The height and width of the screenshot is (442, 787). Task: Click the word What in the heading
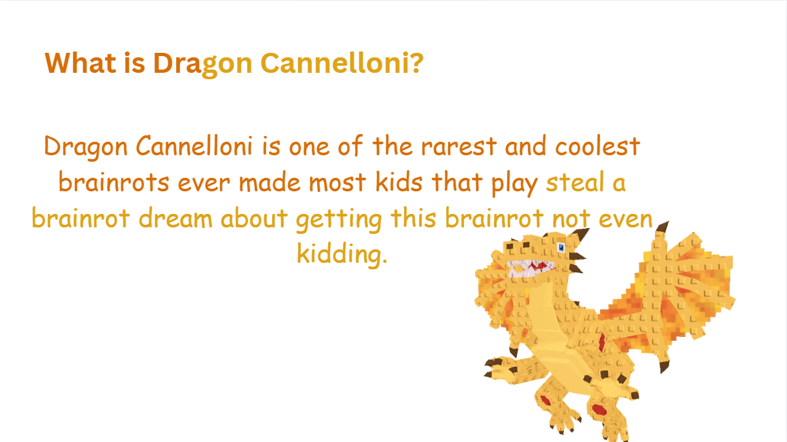[x=81, y=63]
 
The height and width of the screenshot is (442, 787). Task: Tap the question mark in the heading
[x=417, y=63]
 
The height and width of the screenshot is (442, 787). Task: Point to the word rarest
[x=459, y=146]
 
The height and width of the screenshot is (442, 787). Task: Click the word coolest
[x=598, y=145]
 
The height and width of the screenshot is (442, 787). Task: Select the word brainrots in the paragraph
[x=114, y=182]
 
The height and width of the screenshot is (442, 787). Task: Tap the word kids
[x=399, y=182]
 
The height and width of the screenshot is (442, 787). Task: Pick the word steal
[x=575, y=182]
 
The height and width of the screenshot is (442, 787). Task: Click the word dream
[x=176, y=218]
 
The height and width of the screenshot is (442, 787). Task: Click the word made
[x=270, y=182]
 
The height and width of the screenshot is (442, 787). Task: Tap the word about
[x=254, y=218]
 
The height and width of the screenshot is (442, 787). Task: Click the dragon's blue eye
[x=561, y=247]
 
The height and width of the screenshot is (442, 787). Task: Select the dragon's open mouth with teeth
[x=530, y=268]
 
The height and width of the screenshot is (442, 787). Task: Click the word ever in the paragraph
[x=204, y=183]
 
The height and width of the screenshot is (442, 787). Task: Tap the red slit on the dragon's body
[x=602, y=342]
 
